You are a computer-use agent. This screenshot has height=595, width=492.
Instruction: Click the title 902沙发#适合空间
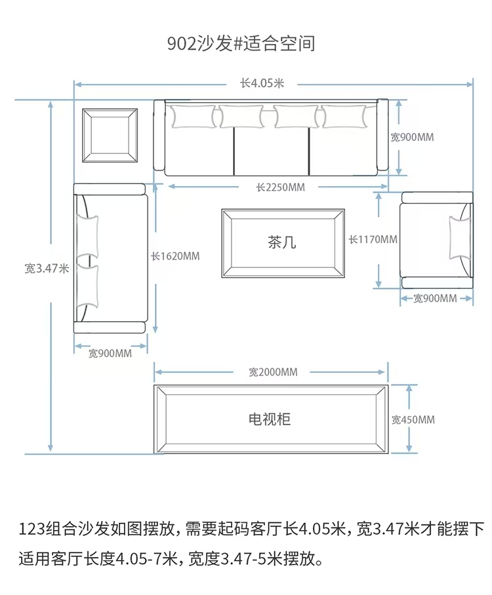click(x=241, y=43)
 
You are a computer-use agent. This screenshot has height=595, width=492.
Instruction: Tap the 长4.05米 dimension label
click(x=262, y=83)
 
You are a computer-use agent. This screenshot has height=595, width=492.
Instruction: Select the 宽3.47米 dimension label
click(x=47, y=268)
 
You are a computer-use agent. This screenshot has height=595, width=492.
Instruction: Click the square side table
click(x=110, y=135)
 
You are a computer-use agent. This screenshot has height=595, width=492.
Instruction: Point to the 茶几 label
click(x=281, y=242)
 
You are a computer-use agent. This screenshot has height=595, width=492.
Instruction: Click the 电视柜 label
click(x=270, y=419)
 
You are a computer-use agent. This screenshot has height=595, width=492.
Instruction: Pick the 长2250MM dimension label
click(x=280, y=187)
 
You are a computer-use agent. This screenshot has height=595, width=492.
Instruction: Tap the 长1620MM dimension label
click(x=175, y=256)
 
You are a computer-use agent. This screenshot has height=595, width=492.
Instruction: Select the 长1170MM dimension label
click(x=373, y=239)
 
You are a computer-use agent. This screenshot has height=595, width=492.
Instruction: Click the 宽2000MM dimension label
click(x=273, y=372)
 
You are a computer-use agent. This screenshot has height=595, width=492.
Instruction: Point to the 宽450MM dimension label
click(x=413, y=419)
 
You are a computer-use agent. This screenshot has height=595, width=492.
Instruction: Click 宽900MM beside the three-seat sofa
click(x=412, y=137)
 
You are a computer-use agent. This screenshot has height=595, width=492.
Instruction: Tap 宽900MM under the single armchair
click(x=435, y=298)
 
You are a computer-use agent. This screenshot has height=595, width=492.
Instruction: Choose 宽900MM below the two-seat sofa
click(x=110, y=353)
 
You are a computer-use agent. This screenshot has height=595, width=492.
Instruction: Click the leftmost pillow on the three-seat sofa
click(x=193, y=117)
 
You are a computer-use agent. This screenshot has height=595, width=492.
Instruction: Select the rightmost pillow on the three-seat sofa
click(x=344, y=117)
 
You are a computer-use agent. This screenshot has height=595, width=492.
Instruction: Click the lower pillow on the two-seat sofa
click(x=87, y=286)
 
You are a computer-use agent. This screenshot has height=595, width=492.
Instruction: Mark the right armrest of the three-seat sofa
click(x=382, y=135)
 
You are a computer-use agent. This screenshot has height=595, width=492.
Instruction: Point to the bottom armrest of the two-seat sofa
click(x=110, y=328)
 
